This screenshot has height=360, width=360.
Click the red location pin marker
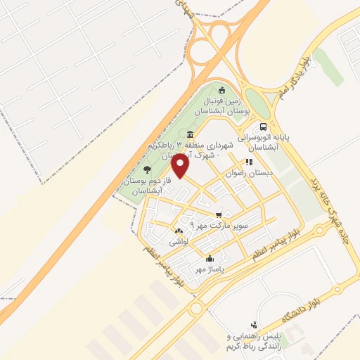(181, 167)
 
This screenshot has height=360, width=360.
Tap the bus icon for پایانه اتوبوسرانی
(263, 127)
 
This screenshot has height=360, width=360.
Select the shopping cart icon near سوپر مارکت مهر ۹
(219, 214)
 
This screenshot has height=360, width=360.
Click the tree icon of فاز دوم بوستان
(146, 169)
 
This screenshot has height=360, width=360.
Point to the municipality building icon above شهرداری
(191, 134)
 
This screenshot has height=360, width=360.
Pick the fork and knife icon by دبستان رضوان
(248, 162)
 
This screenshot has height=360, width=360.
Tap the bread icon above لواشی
(178, 231)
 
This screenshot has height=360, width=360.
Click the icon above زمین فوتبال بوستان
(222, 89)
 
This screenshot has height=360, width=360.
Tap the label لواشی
(178, 242)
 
